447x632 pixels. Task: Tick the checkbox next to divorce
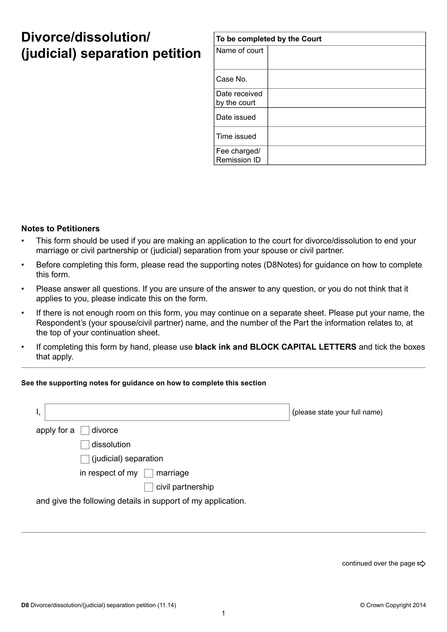pos(85,430)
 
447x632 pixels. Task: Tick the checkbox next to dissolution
pos(85,445)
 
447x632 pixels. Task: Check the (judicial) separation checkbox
pos(85,459)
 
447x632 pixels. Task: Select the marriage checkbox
pos(148,473)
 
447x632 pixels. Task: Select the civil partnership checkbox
pos(148,487)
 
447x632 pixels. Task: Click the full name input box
pos(167,412)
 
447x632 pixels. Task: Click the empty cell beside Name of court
pos(346,57)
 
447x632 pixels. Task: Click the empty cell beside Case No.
pos(346,79)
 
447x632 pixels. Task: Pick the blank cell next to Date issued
pos(346,117)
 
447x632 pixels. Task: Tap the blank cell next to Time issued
pos(346,136)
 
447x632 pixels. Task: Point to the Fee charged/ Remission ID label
pos(238,156)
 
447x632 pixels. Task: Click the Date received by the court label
pos(239,98)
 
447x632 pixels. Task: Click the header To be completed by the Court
pos(269,39)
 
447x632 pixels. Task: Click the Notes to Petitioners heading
pos(60,229)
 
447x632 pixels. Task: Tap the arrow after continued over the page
pos(421,563)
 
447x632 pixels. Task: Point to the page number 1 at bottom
pos(223,613)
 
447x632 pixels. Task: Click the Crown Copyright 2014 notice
pos(393,605)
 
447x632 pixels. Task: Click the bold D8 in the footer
pos(25,605)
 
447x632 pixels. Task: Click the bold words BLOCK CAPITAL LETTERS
pos(303,347)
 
